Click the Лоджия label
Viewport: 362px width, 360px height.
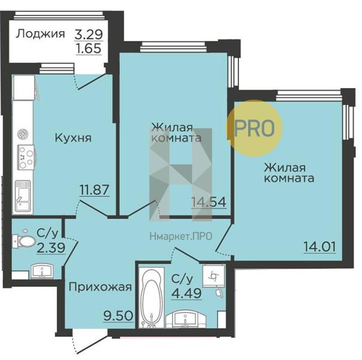coord(40,34)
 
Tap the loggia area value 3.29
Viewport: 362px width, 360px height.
coord(89,34)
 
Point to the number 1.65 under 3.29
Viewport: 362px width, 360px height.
coord(89,48)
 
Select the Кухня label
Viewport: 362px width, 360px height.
coord(73,138)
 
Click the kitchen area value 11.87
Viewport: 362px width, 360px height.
coord(94,190)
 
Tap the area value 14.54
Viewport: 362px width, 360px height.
coord(209,202)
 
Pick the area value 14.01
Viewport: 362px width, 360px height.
coord(320,247)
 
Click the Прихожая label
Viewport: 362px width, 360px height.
coord(101,287)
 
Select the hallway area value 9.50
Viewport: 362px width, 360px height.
coord(119,316)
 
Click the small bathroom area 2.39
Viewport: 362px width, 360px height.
coord(52,248)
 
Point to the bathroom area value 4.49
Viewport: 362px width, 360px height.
coord(186,293)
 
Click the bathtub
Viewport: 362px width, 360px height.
coord(152,298)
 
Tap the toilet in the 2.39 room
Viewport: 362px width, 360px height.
coord(24,241)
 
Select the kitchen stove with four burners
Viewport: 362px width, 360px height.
coord(26,157)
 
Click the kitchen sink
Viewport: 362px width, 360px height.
coord(23,196)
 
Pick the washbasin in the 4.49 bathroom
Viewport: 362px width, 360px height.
coord(185,319)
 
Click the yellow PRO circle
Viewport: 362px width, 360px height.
coord(254,128)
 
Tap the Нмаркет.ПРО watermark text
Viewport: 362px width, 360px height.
coord(181,236)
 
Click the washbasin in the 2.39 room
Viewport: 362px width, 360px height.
coord(42,271)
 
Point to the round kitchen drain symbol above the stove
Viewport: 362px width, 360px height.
coord(23,134)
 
